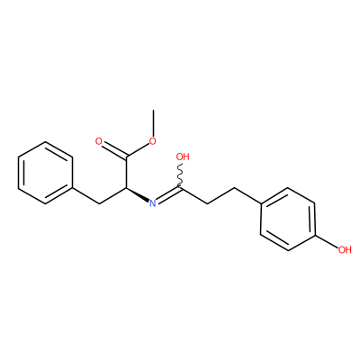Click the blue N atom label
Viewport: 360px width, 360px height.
click(153, 203)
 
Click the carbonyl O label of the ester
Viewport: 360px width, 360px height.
click(99, 141)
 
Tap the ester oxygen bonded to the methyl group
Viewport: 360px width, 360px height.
click(153, 141)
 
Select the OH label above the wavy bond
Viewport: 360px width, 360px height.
click(183, 157)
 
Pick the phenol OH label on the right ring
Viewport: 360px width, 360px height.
click(345, 249)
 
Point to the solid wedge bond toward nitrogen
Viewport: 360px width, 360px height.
click(138, 194)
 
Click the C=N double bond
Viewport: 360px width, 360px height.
click(169, 195)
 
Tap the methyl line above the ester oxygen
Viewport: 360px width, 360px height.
click(153, 123)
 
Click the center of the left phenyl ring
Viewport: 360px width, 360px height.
click(45, 173)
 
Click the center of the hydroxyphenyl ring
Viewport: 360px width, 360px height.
click(288, 219)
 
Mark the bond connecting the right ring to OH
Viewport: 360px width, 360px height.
click(327, 241)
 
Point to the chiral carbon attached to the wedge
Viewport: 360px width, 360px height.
click(126, 188)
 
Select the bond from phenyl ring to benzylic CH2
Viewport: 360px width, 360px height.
click(85, 196)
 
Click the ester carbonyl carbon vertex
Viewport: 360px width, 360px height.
click(126, 157)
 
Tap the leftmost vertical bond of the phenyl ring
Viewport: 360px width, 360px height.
click(19, 173)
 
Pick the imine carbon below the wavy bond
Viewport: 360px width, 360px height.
click(181, 188)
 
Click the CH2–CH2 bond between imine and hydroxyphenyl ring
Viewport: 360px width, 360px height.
click(220, 196)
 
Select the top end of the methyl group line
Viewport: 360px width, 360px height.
click(153, 110)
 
